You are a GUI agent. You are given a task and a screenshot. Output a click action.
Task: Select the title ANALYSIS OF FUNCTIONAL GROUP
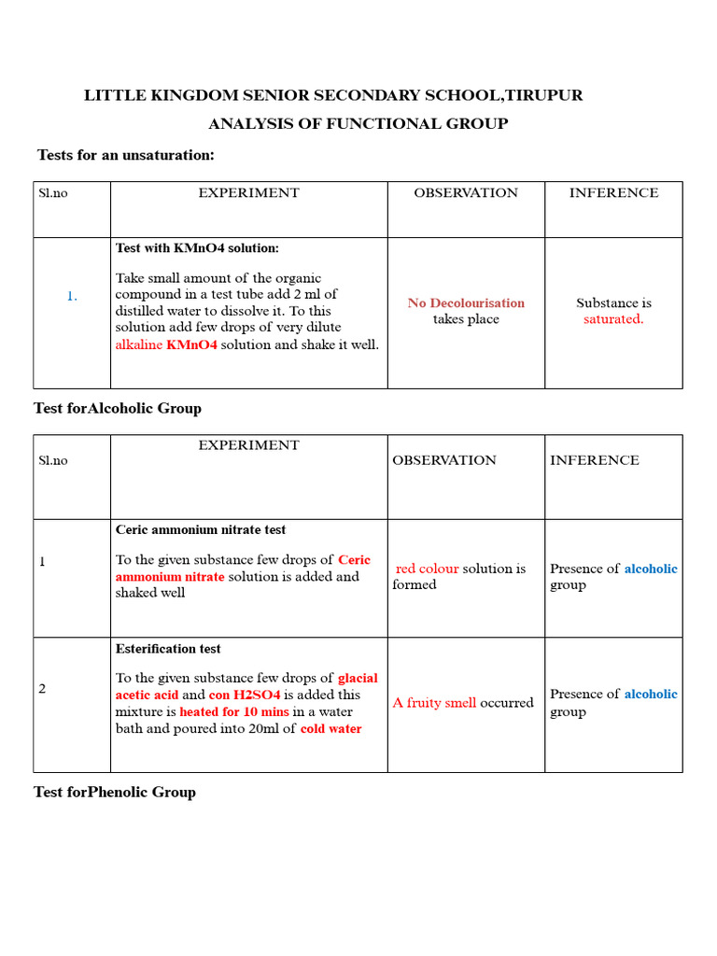point(358,123)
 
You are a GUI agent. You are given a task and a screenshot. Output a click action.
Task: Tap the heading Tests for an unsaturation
point(125,155)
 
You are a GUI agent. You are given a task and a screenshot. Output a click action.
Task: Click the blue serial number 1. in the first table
point(72,296)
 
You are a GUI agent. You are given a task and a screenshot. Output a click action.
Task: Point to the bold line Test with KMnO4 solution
point(197,248)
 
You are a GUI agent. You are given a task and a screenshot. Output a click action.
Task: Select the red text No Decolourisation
point(466,302)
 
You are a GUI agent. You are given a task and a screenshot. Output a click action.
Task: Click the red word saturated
point(613,319)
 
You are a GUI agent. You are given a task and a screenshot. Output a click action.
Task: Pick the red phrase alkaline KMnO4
point(166,344)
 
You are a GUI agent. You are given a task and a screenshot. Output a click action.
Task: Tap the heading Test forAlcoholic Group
point(117,408)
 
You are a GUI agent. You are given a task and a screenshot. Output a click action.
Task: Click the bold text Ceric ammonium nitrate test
point(201,529)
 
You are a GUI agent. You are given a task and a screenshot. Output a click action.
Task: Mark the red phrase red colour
point(427,569)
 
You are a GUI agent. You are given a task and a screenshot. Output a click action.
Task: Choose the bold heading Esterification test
point(168,649)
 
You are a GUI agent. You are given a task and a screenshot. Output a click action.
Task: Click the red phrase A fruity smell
point(434,703)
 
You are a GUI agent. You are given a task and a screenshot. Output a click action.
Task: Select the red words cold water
point(330,728)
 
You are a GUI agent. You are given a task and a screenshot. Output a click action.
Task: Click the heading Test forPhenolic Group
point(114,792)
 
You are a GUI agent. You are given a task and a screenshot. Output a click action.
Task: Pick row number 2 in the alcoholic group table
point(42,689)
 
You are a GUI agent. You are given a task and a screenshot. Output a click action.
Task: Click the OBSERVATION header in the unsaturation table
point(466,193)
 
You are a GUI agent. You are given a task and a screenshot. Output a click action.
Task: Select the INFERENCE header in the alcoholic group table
point(595,460)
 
